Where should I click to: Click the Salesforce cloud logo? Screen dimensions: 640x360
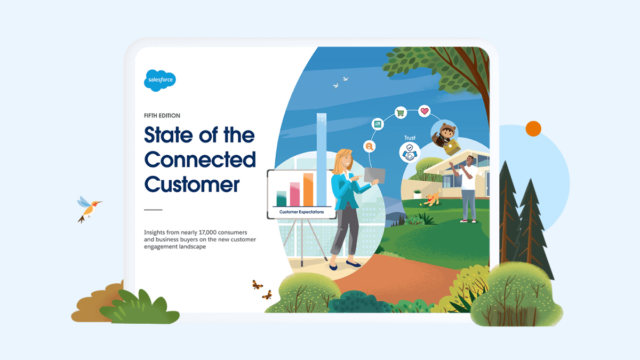[x=159, y=81]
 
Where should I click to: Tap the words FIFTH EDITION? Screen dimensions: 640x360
[x=162, y=116]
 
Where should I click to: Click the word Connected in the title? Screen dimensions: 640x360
[x=200, y=159]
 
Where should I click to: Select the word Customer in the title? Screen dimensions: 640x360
[x=191, y=185]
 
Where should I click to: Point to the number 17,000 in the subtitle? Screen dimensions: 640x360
[x=209, y=233]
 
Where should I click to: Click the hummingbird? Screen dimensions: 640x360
[x=89, y=209]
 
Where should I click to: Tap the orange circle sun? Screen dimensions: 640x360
[x=533, y=129]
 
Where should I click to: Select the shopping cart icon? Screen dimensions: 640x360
[x=401, y=113]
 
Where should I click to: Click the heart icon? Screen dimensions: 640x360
[x=425, y=111]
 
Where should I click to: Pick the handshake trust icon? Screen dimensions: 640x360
[x=410, y=153]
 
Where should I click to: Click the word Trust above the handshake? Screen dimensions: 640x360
[x=410, y=138]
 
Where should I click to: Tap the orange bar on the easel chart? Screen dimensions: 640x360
[x=308, y=190]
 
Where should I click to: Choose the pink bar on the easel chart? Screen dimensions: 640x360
[x=295, y=194]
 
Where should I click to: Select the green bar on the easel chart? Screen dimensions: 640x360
[x=282, y=198]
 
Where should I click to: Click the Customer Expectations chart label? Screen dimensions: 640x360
[x=301, y=212]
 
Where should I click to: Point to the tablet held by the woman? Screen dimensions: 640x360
[x=374, y=175]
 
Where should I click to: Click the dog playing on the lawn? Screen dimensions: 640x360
[x=433, y=198]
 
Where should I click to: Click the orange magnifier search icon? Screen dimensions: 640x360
[x=370, y=147]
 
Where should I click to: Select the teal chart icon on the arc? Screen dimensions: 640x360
[x=378, y=124]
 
